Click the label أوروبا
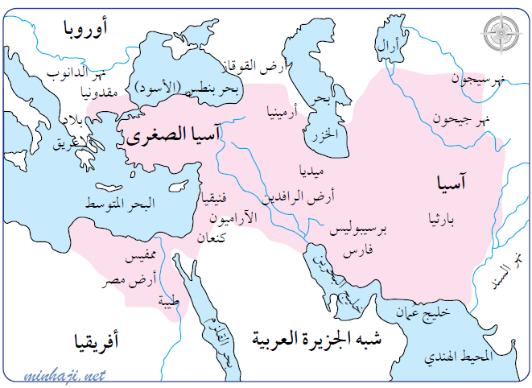pos(85,29)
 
